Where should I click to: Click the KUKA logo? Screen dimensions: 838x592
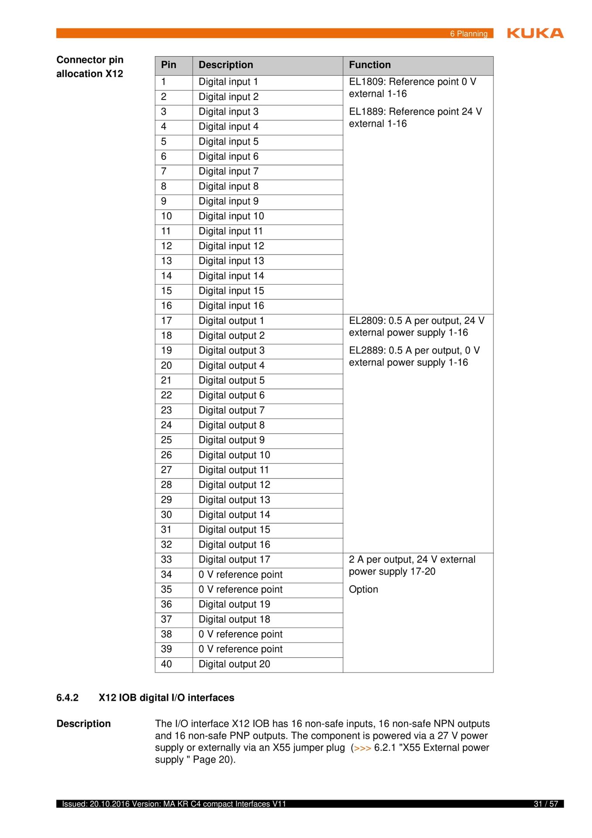pos(535,33)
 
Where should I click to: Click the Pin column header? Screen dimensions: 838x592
pos(168,65)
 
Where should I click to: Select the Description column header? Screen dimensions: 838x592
pos(226,65)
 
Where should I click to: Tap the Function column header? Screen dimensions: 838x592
pos(370,65)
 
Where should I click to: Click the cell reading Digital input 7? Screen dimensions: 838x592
pos(228,172)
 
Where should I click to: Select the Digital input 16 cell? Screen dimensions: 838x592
pos(231,306)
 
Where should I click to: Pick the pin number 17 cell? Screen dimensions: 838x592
pos(166,321)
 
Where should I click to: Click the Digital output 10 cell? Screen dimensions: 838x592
pos(234,455)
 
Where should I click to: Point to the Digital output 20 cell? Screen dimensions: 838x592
pos(234,664)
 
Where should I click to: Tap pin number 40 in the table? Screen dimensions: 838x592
pos(166,664)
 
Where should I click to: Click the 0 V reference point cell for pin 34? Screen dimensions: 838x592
pos(240,575)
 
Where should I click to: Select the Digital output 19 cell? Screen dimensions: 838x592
pos(234,604)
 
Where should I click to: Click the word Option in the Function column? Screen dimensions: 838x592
pos(363,590)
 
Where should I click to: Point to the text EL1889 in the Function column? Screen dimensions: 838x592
pos(366,112)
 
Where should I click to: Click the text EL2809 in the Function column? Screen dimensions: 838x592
pos(366,321)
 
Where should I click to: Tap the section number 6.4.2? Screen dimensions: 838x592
pos(67,698)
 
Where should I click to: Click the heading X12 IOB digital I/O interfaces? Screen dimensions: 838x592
pos(166,698)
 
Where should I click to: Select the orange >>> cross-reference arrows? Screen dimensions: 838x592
pos(363,748)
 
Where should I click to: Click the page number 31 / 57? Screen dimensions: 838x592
pos(546,804)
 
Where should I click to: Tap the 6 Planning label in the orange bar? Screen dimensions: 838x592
pos(469,34)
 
